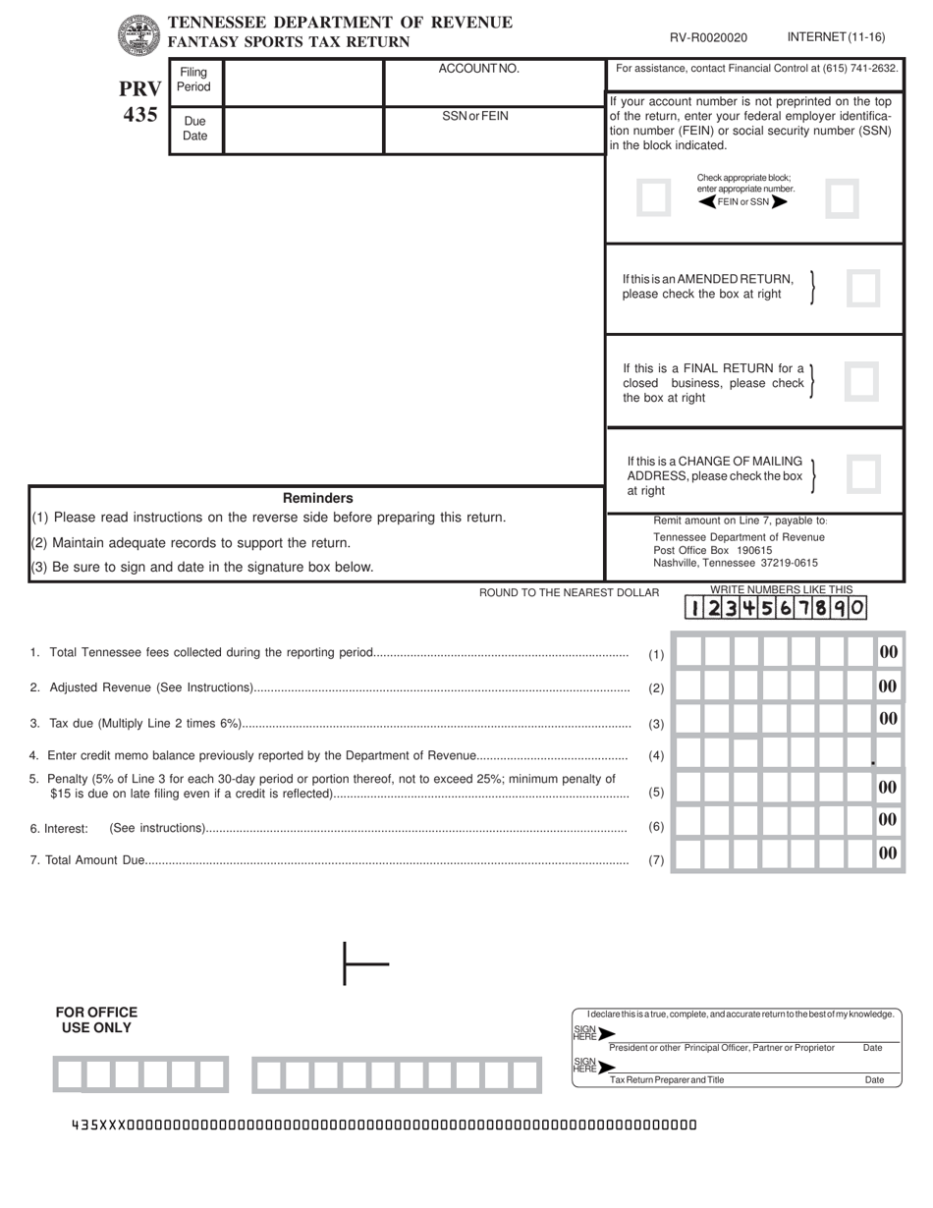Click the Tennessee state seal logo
click(137, 35)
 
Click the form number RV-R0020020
click(708, 38)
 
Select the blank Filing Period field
click(302, 82)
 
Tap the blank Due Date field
click(302, 130)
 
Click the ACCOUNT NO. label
click(478, 69)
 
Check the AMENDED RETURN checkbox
click(862, 289)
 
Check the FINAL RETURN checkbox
click(860, 381)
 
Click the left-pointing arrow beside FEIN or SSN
click(706, 202)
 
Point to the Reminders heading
click(317, 498)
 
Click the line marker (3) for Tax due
click(656, 725)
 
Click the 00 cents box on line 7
click(888, 853)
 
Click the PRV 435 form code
click(140, 102)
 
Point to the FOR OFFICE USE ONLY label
click(96, 1019)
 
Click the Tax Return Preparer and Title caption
click(667, 1080)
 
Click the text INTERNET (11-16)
click(836, 37)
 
